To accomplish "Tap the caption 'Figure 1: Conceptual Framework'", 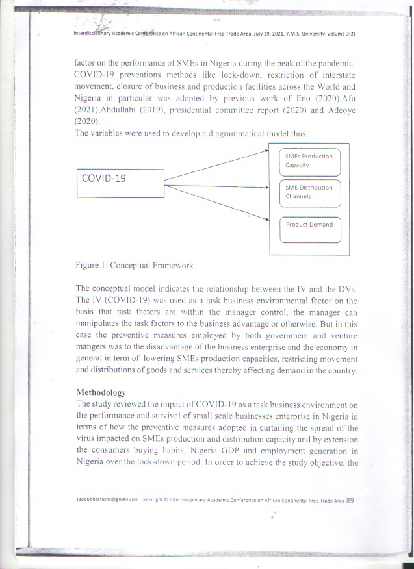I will click(134, 266).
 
